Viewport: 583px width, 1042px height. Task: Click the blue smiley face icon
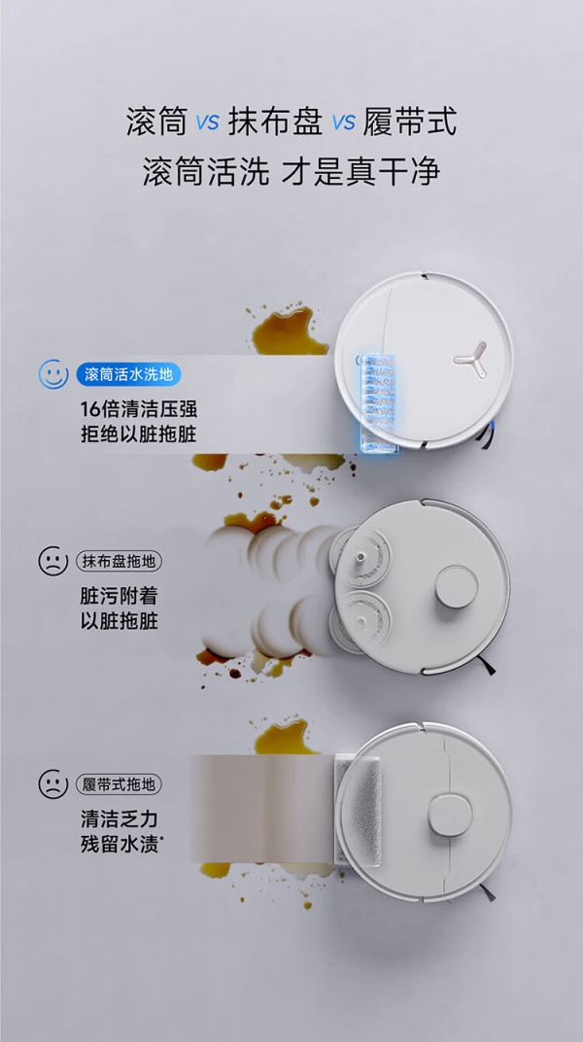(53, 374)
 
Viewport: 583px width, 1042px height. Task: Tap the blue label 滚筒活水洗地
(129, 374)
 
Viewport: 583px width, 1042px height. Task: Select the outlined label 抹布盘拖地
(120, 562)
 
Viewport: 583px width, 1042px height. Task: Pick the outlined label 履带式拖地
(120, 784)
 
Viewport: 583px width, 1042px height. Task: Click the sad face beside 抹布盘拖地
(53, 562)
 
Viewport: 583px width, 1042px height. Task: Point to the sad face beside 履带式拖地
(53, 784)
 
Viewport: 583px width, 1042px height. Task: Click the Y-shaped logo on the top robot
(470, 357)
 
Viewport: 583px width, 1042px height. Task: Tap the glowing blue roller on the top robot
(378, 402)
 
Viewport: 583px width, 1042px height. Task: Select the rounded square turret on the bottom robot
(450, 816)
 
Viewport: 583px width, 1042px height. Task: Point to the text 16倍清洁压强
(139, 408)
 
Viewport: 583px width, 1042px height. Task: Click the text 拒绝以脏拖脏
(139, 434)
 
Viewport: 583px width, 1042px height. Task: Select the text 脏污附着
(119, 596)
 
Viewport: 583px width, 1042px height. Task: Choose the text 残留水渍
(121, 844)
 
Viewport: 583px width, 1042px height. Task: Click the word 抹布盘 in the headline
(276, 122)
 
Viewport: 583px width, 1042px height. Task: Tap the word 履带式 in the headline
(410, 122)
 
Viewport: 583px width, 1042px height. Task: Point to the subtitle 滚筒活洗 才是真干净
(291, 172)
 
